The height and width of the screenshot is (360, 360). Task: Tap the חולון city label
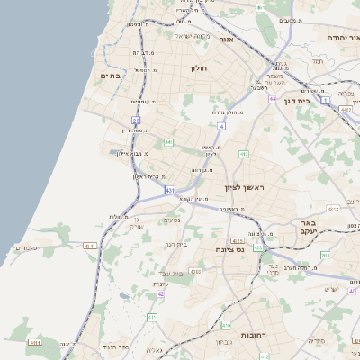pos(199,68)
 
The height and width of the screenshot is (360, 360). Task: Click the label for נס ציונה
pos(230,249)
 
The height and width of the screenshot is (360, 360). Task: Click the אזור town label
pos(226,40)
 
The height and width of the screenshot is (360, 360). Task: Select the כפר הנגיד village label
pos(116,346)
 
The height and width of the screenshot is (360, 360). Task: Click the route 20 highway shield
pos(136,120)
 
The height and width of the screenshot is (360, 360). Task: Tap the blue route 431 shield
pos(169,190)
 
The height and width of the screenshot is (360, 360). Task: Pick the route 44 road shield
pos(272,99)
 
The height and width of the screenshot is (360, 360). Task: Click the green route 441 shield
pos(168,142)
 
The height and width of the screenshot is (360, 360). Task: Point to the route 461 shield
pos(261,8)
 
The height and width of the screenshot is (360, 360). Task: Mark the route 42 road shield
pos(160,293)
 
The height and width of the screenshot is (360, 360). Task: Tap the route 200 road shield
pos(325,256)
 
